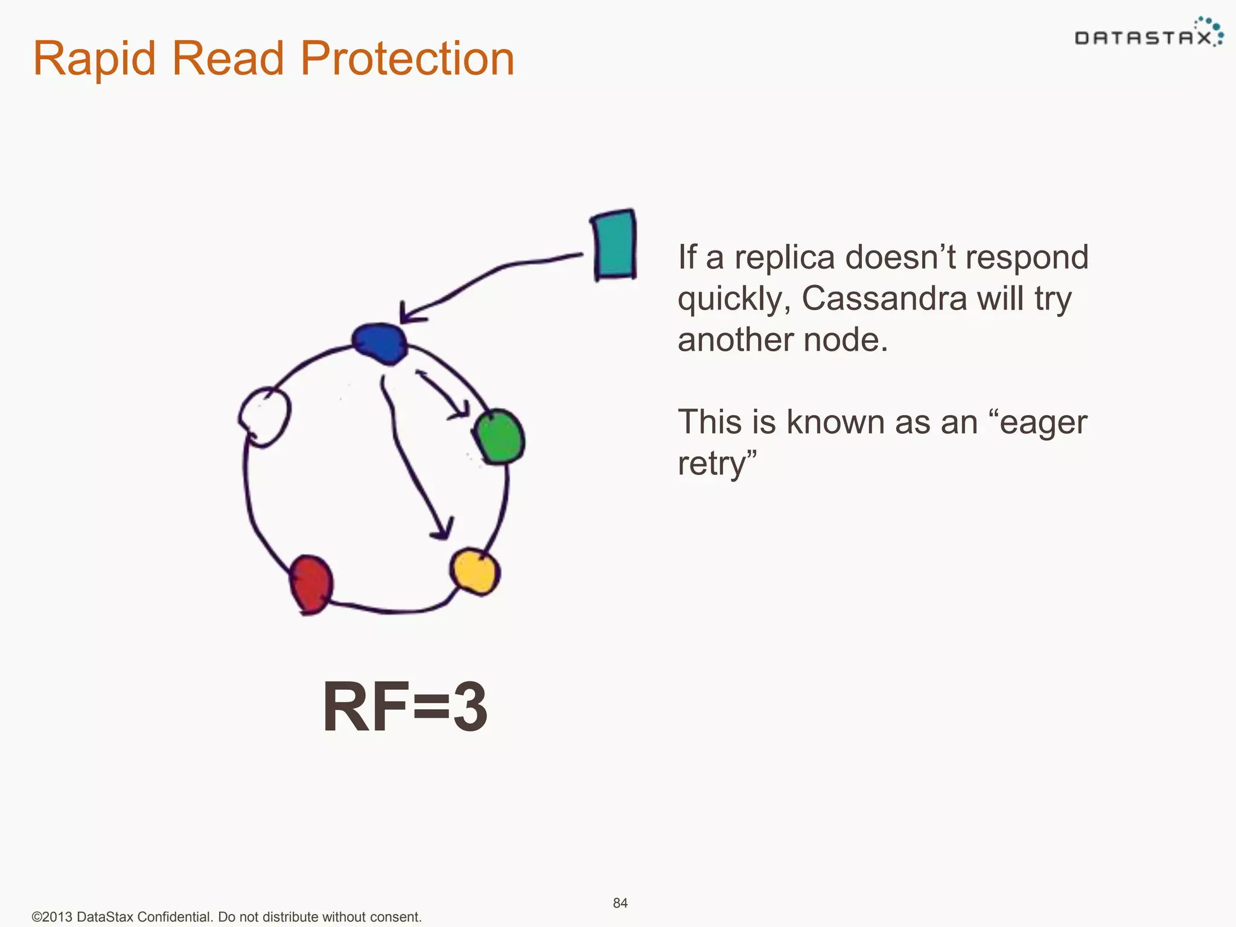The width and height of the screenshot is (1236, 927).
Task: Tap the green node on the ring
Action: (x=499, y=437)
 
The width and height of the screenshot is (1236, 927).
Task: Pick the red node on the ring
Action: (x=311, y=584)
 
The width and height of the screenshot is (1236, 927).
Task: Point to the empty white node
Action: (x=265, y=416)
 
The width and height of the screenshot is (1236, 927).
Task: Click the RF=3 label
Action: (x=405, y=707)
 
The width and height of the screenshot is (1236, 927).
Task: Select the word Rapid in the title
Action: (x=97, y=59)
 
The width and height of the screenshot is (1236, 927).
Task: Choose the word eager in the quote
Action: (x=1043, y=422)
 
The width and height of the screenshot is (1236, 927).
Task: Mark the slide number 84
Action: (x=620, y=903)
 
